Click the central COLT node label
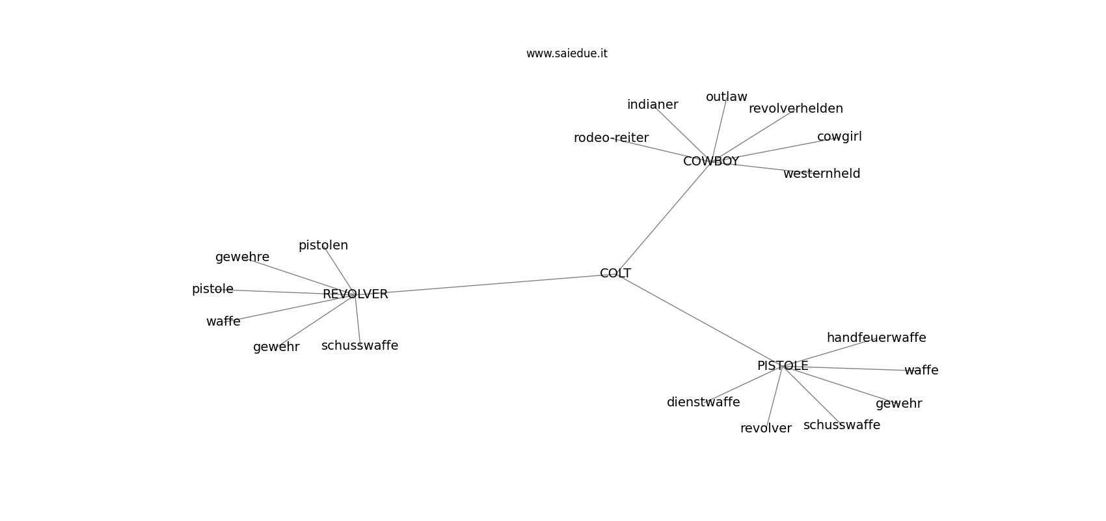pos(615,274)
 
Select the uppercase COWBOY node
pos(711,162)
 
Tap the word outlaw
pos(726,97)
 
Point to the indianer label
pos(653,105)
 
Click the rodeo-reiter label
pos(612,138)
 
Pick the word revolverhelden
pos(796,109)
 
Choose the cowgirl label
pos(839,137)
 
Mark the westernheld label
pos(822,174)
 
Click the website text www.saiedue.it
pos(567,53)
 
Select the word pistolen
pos(323,246)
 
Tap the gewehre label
pos(243,257)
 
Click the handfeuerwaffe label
pos(876,337)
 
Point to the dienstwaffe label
pos(703,402)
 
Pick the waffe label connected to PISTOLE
pos(921,371)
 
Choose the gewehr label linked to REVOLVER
pos(276,348)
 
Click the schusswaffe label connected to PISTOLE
pos(842,425)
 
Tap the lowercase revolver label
pos(766,429)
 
